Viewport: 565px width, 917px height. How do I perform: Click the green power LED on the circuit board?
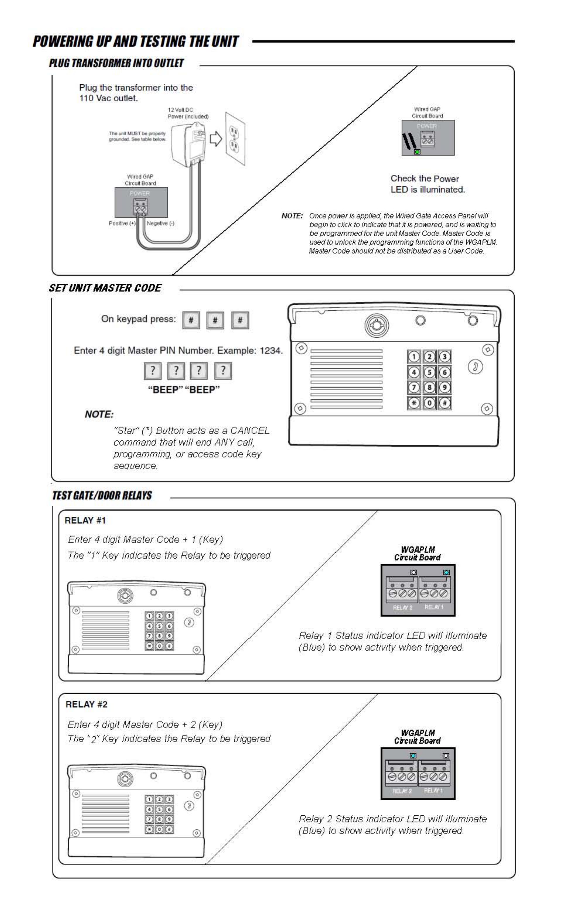click(417, 152)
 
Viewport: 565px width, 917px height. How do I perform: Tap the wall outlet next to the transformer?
click(235, 139)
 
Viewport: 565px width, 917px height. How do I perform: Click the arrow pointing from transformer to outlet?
click(216, 139)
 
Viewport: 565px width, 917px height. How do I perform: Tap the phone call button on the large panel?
click(475, 367)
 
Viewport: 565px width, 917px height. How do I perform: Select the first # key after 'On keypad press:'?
click(191, 320)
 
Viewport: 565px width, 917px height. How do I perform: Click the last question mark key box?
click(223, 371)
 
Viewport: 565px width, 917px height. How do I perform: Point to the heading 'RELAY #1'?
click(85, 521)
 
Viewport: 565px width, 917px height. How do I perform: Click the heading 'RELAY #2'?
click(86, 704)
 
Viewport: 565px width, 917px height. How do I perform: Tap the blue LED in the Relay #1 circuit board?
click(446, 572)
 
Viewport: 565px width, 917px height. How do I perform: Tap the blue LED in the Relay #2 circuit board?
click(413, 756)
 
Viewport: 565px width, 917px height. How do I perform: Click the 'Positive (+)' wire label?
click(122, 223)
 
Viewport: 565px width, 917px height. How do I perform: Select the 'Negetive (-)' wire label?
click(160, 223)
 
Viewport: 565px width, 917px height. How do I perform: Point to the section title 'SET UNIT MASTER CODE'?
click(105, 288)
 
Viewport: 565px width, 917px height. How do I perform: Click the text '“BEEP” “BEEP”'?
click(184, 390)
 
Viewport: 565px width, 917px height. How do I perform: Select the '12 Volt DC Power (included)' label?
click(188, 113)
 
